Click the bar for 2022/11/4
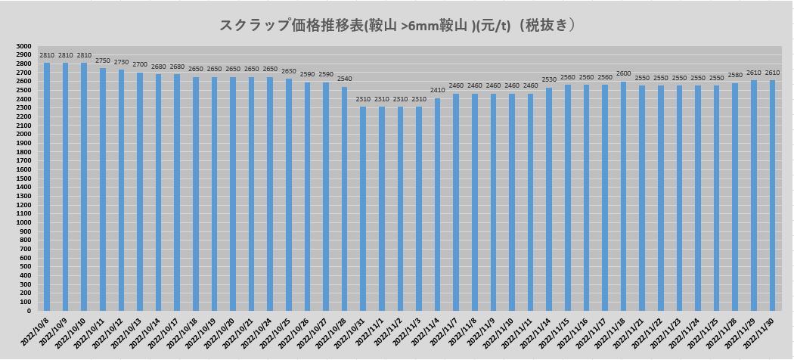pyautogui.click(x=437, y=204)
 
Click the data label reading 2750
pyautogui.click(x=103, y=61)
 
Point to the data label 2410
pyautogui.click(x=437, y=91)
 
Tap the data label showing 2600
pyautogui.click(x=623, y=73)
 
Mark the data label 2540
pyautogui.click(x=344, y=79)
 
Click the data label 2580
pyautogui.click(x=735, y=75)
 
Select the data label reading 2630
pyautogui.click(x=288, y=71)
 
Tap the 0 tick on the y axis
pyautogui.click(x=29, y=311)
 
